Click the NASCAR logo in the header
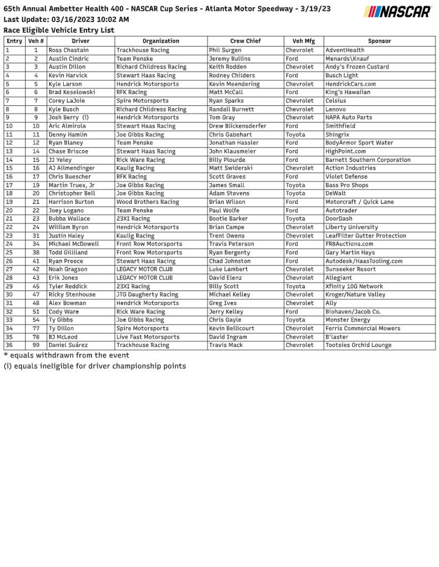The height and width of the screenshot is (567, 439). pyautogui.click(x=397, y=12)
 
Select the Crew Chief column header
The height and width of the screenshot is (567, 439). pyautogui.click(x=246, y=41)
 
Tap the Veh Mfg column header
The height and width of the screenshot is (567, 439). pyautogui.click(x=303, y=41)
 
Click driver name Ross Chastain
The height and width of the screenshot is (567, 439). pyautogui.click(x=68, y=50)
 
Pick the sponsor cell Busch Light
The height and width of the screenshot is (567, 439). pyautogui.click(x=341, y=75)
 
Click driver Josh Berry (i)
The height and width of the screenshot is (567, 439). pyautogui.click(x=68, y=118)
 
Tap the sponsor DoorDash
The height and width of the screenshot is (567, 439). pyautogui.click(x=339, y=219)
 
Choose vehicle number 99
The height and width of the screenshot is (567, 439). pyautogui.click(x=36, y=345)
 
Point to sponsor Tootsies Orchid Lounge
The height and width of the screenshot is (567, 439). pyautogui.click(x=358, y=345)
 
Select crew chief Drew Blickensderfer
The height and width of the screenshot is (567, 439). pyautogui.click(x=237, y=126)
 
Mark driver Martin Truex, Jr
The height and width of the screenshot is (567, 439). pyautogui.click(x=71, y=185)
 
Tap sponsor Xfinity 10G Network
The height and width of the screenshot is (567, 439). pyautogui.click(x=354, y=287)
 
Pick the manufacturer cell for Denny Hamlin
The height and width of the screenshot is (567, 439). pyautogui.click(x=295, y=135)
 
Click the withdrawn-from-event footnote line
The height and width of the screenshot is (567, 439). pyautogui.click(x=67, y=355)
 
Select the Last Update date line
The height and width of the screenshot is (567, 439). pyautogui.click(x=66, y=19)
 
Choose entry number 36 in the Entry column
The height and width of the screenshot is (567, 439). pyautogui.click(x=9, y=345)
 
